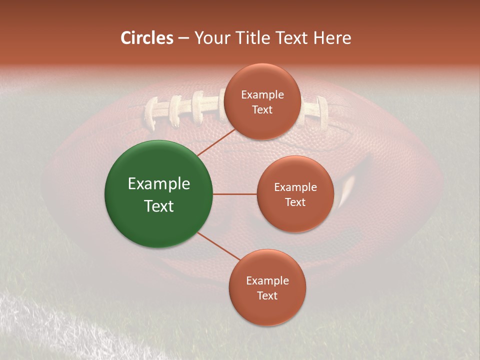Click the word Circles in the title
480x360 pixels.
click(146, 38)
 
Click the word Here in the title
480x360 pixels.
click(332, 38)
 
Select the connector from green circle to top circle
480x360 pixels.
click(216, 142)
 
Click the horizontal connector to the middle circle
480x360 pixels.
click(234, 193)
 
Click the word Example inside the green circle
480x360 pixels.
click(158, 183)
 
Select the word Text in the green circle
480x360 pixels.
click(158, 206)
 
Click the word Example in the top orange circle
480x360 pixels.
click(262, 94)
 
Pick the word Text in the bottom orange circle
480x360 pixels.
click(267, 295)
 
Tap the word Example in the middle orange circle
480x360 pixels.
click(295, 187)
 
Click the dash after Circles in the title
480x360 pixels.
click(183, 38)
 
